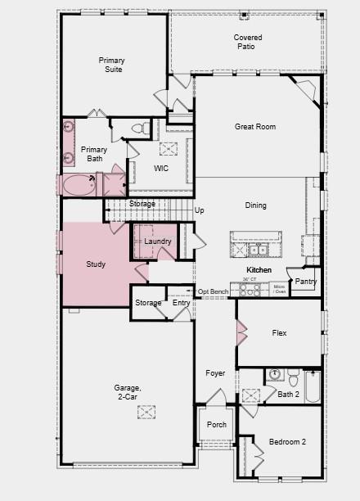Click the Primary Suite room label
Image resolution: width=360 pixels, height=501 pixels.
pyautogui.click(x=112, y=65)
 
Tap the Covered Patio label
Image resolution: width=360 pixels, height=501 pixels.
pyautogui.click(x=248, y=43)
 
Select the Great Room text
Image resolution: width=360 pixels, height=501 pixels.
pyautogui.click(x=255, y=127)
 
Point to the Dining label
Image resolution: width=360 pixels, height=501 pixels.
pyautogui.click(x=255, y=205)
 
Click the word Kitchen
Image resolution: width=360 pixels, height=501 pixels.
pyautogui.click(x=259, y=269)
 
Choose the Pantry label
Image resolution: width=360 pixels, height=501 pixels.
pyautogui.click(x=306, y=282)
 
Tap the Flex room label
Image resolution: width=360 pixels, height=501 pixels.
pyautogui.click(x=279, y=333)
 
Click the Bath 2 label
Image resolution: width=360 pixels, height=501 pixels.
pyautogui.click(x=289, y=394)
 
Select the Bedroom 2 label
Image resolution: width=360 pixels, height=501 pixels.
pyautogui.click(x=287, y=442)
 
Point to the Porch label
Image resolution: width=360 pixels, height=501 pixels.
pyautogui.click(x=217, y=425)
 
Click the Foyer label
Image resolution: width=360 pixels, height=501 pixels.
pyautogui.click(x=215, y=373)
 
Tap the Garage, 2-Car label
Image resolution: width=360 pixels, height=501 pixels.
pyautogui.click(x=127, y=392)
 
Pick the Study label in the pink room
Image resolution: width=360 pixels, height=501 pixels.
pyautogui.click(x=96, y=264)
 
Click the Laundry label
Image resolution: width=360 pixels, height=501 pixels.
pyautogui.click(x=158, y=241)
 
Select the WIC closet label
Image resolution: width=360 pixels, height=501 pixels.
pyautogui.click(x=161, y=168)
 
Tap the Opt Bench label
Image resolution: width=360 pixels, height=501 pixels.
pyautogui.click(x=213, y=292)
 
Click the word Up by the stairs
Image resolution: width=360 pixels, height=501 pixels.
pyautogui.click(x=199, y=210)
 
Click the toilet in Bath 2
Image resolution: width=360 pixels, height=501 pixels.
pyautogui.click(x=273, y=377)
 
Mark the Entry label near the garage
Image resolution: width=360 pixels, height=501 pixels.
pyautogui.click(x=181, y=303)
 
